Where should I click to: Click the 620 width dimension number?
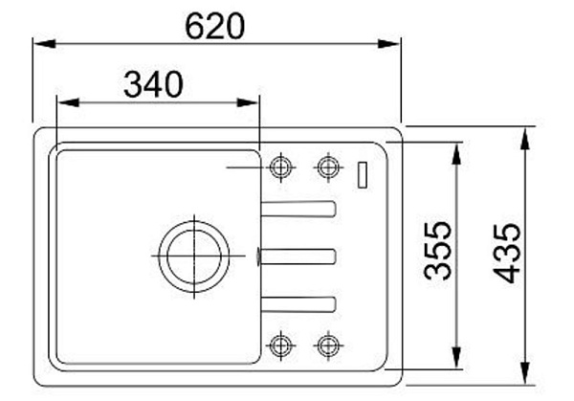(x=214, y=26)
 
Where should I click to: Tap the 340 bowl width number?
(x=153, y=84)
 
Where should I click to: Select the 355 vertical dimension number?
(x=437, y=251)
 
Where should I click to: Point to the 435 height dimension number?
(x=507, y=253)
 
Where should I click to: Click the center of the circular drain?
(x=194, y=256)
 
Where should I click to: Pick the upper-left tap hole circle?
(x=280, y=167)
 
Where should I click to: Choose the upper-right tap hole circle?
(x=328, y=167)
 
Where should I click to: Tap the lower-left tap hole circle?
(x=280, y=345)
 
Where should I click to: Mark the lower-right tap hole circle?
(x=328, y=345)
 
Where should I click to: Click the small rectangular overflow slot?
(x=363, y=175)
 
